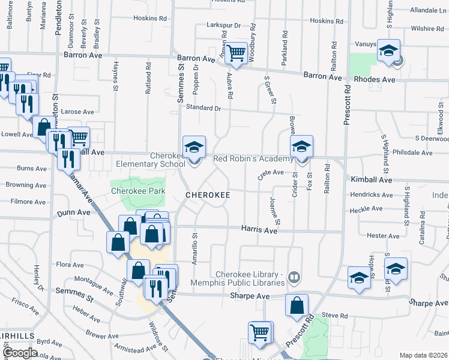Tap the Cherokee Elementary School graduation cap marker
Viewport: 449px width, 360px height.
click(x=194, y=147)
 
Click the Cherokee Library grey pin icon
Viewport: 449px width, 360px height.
click(x=294, y=277)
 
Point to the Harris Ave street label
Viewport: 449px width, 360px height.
click(x=259, y=230)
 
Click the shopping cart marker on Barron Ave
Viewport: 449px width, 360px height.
click(x=236, y=54)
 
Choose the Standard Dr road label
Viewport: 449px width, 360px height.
click(x=203, y=108)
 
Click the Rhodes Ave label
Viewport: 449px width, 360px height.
click(x=375, y=80)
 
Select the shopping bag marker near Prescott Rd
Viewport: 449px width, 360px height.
click(x=297, y=307)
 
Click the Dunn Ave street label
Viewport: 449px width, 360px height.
click(x=73, y=212)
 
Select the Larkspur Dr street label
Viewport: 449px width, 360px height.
click(x=223, y=26)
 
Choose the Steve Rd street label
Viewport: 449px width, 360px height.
click(x=335, y=316)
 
